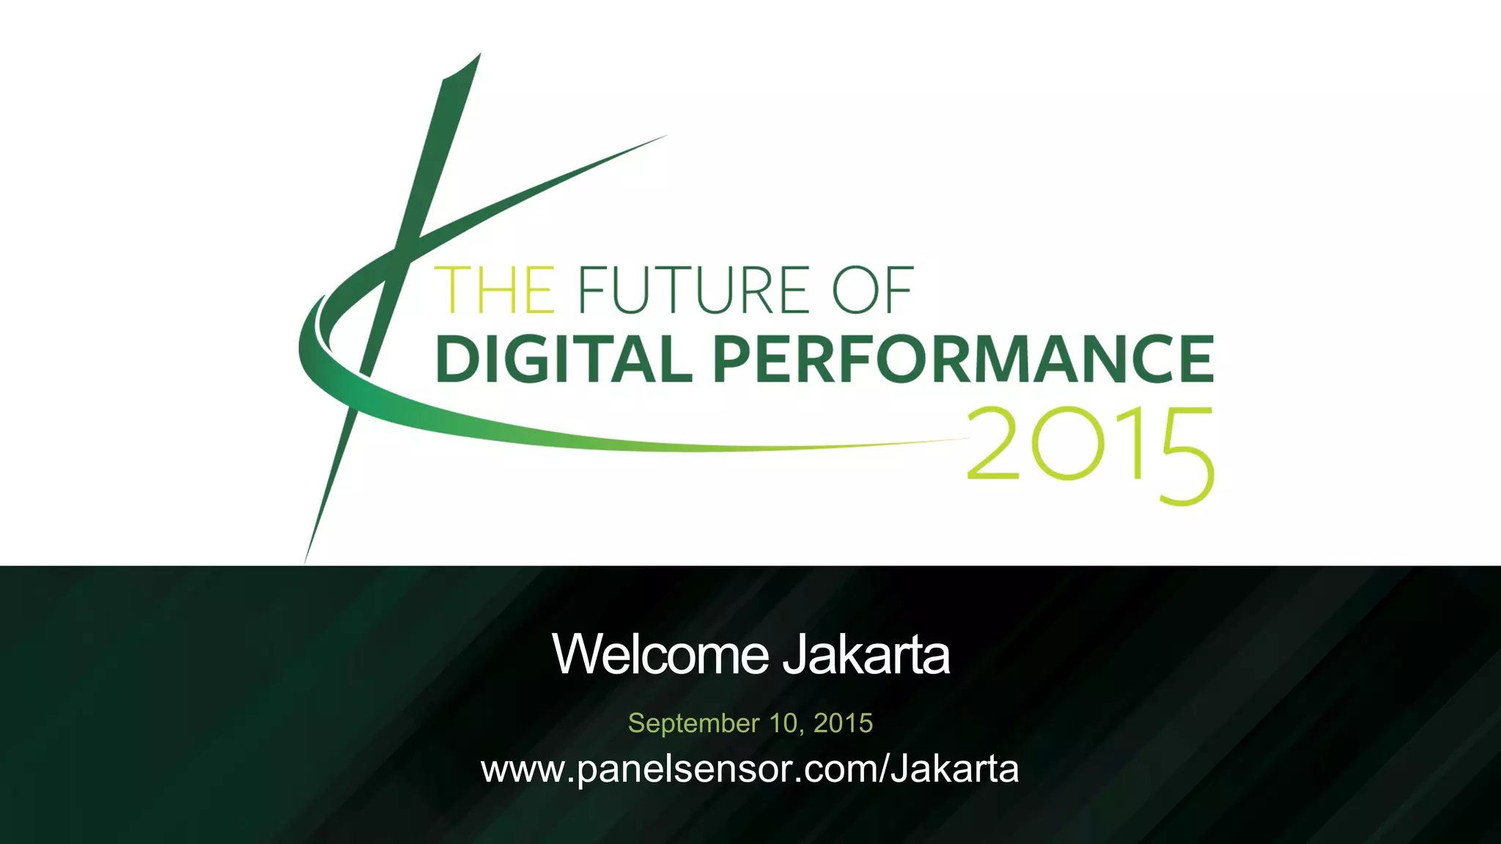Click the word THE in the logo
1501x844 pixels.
[x=495, y=290]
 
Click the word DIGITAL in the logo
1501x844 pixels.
[x=564, y=359]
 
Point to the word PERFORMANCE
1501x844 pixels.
[x=964, y=359]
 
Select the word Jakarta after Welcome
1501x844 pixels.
[x=866, y=654]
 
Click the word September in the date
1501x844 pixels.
[x=693, y=724]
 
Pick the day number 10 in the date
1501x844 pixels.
[x=783, y=723]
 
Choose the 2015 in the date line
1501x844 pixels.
[x=843, y=723]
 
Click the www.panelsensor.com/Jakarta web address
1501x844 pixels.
[x=750, y=769]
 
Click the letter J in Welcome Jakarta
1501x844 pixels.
[x=794, y=654]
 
